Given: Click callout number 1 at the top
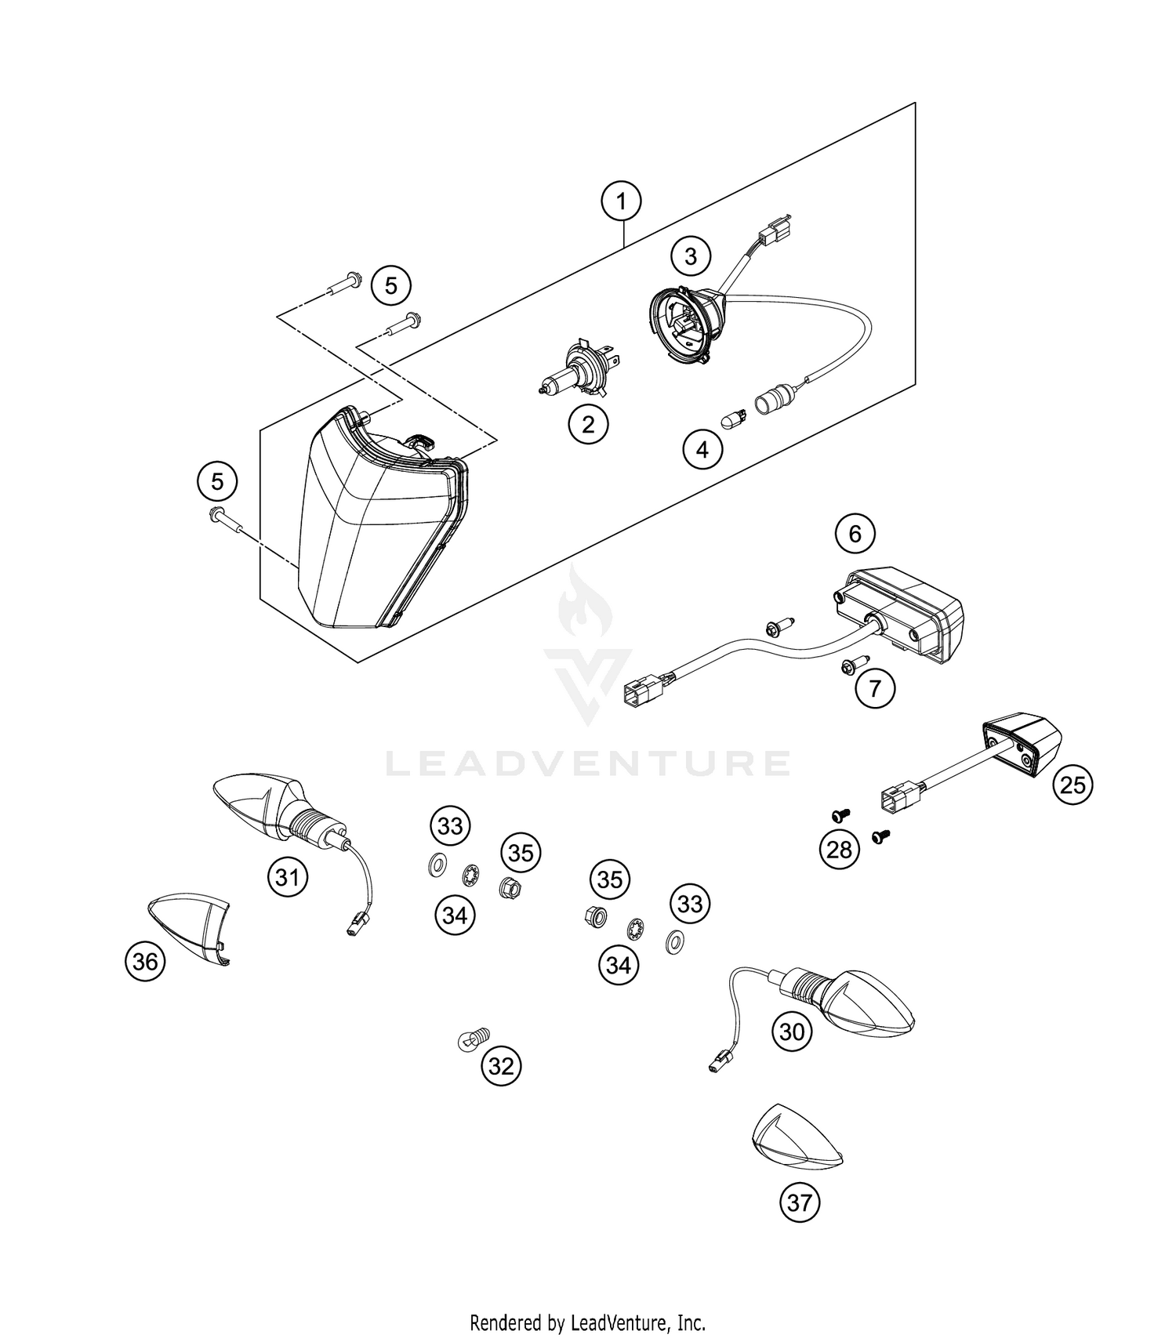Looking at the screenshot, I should click(x=621, y=202).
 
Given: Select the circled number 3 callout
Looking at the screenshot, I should click(x=691, y=256).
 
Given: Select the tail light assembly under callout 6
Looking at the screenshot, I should click(x=902, y=611).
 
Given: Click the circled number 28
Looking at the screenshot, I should click(x=840, y=849).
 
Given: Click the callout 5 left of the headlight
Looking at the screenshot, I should click(x=217, y=480).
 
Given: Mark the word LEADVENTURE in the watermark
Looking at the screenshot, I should click(x=588, y=763).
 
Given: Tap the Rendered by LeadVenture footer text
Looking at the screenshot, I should click(x=588, y=1323).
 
